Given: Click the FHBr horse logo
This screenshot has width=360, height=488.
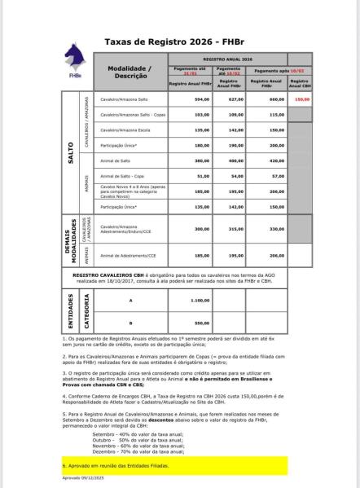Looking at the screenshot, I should click(75, 59).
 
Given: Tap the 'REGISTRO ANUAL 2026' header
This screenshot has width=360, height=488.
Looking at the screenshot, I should click(228, 59).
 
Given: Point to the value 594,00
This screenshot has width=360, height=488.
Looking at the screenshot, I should click(191, 99).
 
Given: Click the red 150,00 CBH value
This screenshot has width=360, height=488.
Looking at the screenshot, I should click(301, 99).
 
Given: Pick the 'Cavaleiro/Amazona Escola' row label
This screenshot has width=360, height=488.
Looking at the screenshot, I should click(122, 130).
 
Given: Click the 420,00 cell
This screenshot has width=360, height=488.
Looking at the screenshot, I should click(277, 161).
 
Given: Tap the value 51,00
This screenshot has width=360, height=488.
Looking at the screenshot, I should click(191, 176).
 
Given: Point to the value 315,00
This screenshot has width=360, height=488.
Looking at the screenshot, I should click(236, 229).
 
